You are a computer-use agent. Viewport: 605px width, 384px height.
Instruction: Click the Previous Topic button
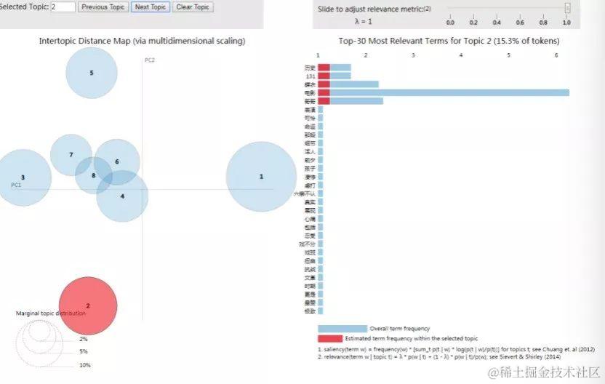tap(103, 7)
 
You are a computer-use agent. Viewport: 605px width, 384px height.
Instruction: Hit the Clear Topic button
tap(193, 7)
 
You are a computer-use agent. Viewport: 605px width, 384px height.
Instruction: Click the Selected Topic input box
tap(63, 7)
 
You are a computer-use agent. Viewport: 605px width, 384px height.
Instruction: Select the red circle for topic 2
tap(88, 305)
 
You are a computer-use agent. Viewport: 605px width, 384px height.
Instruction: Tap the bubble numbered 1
tap(261, 177)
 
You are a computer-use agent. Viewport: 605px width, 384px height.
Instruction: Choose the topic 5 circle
tap(92, 73)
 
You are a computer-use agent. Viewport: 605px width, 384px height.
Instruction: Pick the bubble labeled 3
tap(23, 177)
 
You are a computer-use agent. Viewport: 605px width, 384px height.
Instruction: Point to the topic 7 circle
tap(71, 155)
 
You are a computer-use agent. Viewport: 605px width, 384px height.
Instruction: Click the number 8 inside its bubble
tap(93, 175)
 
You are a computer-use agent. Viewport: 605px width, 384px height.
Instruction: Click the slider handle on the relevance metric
tap(567, 9)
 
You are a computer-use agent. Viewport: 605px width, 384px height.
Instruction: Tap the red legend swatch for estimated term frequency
tap(329, 339)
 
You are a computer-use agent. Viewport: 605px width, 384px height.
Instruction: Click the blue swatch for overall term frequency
tap(342, 329)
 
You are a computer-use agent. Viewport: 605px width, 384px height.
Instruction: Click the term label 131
tap(310, 76)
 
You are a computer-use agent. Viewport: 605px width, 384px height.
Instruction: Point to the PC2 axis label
tap(149, 60)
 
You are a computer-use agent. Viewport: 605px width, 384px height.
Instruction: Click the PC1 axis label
tap(15, 185)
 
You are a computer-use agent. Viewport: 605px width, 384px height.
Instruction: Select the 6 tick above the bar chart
tap(556, 55)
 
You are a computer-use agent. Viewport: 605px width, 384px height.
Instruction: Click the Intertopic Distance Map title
tap(142, 41)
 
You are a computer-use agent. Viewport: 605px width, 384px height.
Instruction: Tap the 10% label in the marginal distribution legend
tap(84, 365)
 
